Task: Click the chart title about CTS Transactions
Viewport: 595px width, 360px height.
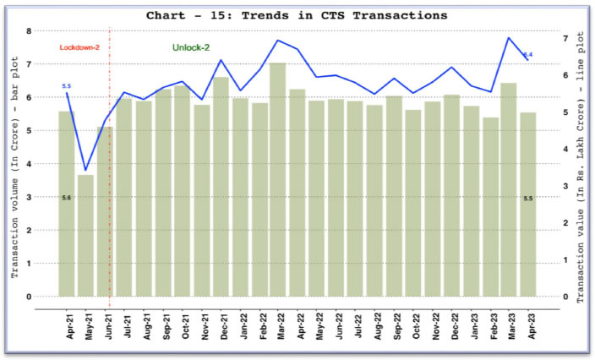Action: pos(297,15)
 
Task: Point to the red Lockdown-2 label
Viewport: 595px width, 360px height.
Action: pos(80,47)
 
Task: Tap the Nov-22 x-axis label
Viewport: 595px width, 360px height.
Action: pos(434,322)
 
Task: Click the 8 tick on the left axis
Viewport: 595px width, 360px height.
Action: pos(29,31)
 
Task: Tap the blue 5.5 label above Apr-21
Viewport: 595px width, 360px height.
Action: pos(67,86)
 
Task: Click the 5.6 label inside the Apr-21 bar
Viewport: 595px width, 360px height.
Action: pos(66,197)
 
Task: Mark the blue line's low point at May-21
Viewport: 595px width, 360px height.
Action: pos(85,170)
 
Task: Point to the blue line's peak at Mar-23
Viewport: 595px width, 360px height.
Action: pos(509,38)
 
